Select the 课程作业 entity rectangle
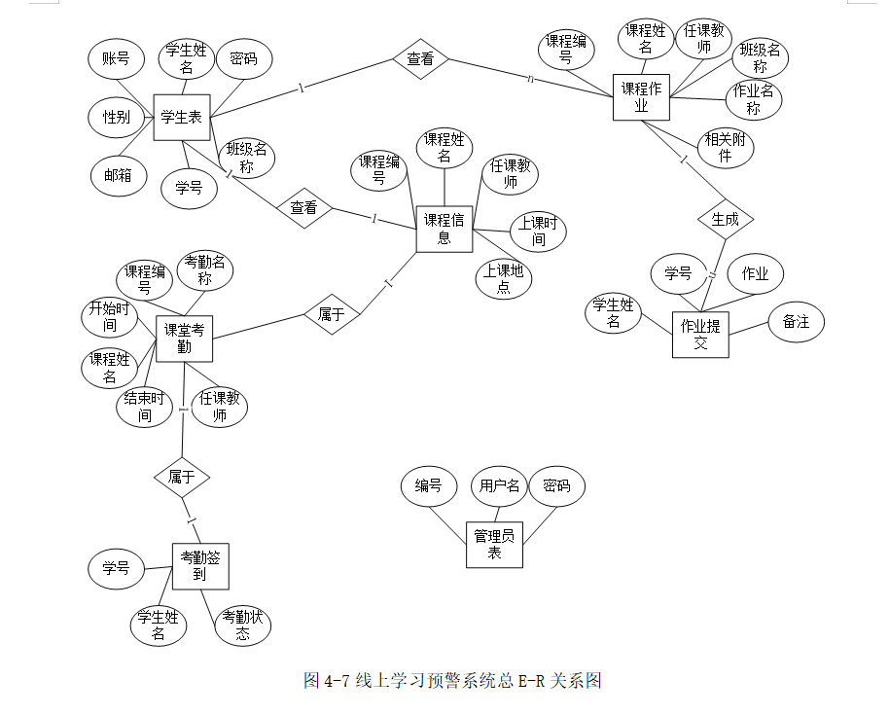[641, 97]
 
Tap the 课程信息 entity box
[444, 230]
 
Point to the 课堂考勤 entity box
[184, 339]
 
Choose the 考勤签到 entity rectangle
[199, 566]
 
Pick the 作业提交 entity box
[700, 335]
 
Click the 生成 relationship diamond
[725, 220]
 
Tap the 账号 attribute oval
[116, 59]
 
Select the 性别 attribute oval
[117, 118]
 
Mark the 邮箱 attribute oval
[119, 176]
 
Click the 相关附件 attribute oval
[724, 147]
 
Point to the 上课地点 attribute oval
[504, 278]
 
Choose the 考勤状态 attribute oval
[242, 625]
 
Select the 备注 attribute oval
[796, 322]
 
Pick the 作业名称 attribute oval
[754, 99]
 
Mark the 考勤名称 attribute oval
[205, 271]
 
